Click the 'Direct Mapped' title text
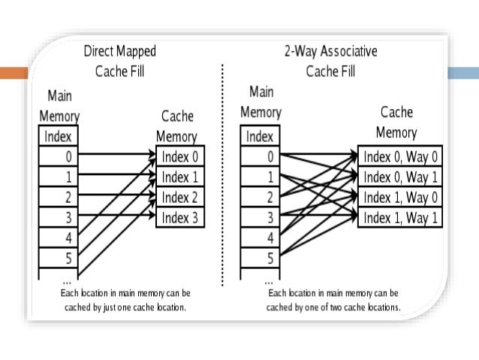click(120, 51)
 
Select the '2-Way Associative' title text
click(331, 51)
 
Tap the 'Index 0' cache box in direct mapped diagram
click(180, 156)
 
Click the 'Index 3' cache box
click(180, 218)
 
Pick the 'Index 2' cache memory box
click(180, 197)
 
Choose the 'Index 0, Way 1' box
click(400, 177)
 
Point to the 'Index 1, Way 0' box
click(400, 197)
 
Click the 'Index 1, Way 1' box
click(400, 218)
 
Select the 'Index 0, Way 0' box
click(400, 156)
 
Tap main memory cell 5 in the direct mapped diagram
click(59, 258)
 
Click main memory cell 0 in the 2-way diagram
click(260, 156)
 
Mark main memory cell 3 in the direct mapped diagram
click(59, 217)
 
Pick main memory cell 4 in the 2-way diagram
click(260, 237)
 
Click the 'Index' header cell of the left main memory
click(59, 135)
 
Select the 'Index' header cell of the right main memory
click(260, 135)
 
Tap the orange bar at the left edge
click(14, 73)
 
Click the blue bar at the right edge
click(463, 73)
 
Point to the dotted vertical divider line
click(223, 175)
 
